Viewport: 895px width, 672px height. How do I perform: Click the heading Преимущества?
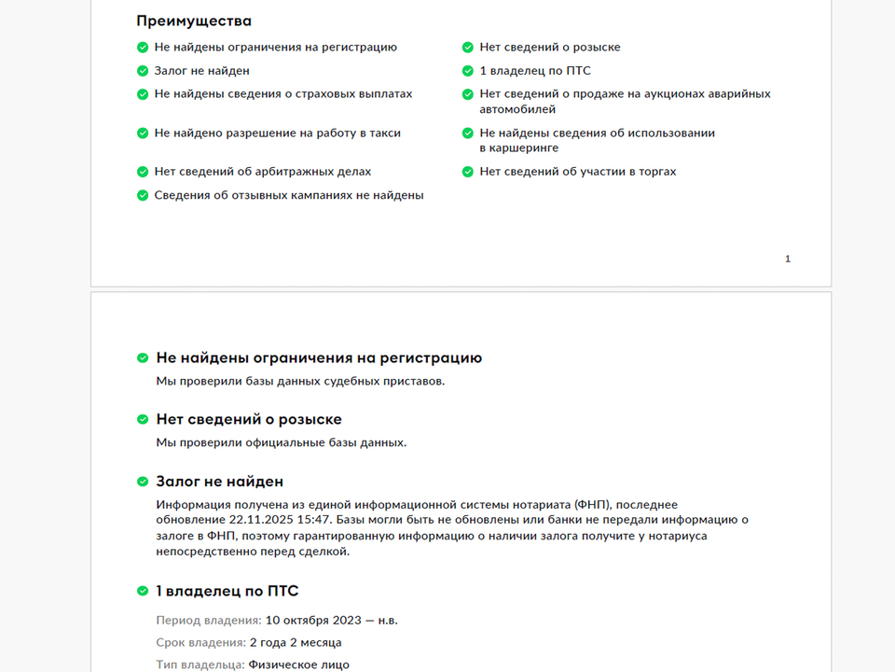[194, 21]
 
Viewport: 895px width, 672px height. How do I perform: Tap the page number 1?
[788, 259]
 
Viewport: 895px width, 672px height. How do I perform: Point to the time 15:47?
[318, 520]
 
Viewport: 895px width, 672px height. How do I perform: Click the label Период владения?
[208, 620]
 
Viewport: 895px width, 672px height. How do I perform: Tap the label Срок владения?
[200, 642]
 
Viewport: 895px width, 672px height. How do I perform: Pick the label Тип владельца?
[200, 665]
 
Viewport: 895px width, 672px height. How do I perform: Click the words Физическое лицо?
[299, 665]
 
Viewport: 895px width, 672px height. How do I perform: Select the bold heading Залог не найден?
[219, 482]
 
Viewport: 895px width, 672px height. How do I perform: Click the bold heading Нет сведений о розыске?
[249, 419]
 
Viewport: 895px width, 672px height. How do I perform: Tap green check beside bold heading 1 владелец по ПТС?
[143, 591]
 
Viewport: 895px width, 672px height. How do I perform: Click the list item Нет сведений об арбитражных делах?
[262, 172]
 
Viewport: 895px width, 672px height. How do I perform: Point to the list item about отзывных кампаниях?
[289, 195]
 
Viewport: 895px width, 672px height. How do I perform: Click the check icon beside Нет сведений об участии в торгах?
[468, 172]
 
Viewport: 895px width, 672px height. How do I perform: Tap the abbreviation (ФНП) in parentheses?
[592, 505]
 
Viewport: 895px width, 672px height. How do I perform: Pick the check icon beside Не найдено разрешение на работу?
[143, 133]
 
